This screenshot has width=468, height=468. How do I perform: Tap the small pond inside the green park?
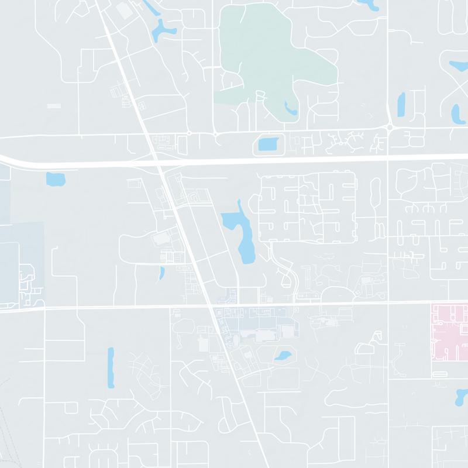290,108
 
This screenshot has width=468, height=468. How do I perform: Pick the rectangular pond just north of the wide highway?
269,144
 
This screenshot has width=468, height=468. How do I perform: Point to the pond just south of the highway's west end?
55,178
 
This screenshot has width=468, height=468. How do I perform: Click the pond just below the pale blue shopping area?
283,355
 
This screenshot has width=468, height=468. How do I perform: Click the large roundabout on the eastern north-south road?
390,127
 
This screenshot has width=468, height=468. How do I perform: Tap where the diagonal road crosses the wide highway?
160,163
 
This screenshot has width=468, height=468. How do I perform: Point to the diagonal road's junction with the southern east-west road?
211,306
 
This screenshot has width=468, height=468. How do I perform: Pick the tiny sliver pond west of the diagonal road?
161,273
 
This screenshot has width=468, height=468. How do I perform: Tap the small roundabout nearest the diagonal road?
189,134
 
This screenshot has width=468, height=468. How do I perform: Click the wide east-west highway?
292,160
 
